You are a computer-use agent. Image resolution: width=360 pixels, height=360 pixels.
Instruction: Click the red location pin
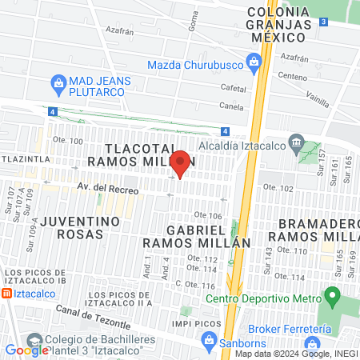181,164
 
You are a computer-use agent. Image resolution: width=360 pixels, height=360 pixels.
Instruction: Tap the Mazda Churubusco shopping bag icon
254,61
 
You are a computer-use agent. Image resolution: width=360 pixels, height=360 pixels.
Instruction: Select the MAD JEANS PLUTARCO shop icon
58,82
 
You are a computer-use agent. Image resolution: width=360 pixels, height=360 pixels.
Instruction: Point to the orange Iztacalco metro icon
6,294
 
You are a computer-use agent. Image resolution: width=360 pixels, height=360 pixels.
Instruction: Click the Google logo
27,350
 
